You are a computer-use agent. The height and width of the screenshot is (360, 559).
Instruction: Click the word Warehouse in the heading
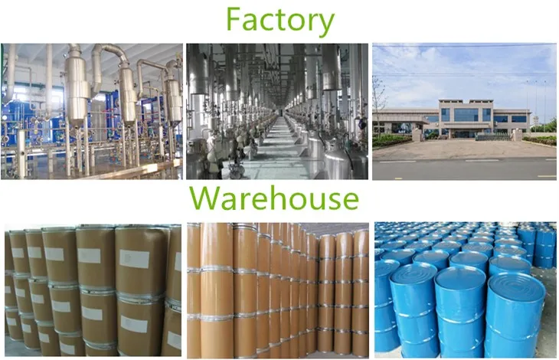click(274, 198)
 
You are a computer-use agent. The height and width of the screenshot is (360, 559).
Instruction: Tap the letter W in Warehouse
click(205, 198)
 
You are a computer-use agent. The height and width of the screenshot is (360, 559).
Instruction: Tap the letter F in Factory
click(233, 21)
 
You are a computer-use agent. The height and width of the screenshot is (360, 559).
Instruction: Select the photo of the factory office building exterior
click(464, 111)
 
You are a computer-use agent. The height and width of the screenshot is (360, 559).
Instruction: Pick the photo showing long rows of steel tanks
click(277, 111)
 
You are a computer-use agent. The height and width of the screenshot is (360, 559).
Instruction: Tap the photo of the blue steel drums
click(464, 289)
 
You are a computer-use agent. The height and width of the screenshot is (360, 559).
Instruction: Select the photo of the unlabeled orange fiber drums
click(277, 289)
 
